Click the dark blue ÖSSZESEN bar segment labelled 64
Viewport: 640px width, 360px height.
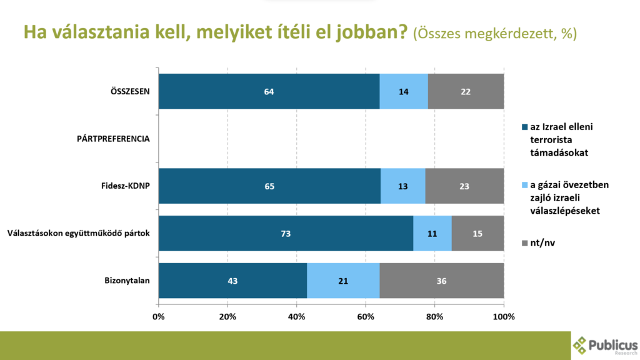[x=269, y=91]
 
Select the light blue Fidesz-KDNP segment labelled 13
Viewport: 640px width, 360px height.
[x=402, y=186]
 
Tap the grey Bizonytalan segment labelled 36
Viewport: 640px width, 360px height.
[x=441, y=281]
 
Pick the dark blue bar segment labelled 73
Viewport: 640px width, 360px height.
[x=286, y=234]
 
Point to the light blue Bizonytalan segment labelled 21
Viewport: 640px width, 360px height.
[x=343, y=281]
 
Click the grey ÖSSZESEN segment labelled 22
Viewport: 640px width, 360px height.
[x=466, y=91]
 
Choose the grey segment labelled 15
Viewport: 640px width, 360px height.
[x=477, y=234]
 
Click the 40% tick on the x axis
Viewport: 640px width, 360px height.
[x=297, y=317]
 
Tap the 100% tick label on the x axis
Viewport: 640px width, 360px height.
[x=504, y=317]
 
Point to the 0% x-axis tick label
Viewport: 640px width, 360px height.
[x=159, y=317]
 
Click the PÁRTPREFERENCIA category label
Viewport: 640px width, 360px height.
[x=109, y=139]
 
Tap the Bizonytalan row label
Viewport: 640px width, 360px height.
[x=127, y=281]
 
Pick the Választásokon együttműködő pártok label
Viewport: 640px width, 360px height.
[x=79, y=234]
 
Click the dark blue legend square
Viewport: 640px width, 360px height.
[x=524, y=127]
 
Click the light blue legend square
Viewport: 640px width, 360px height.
[x=524, y=186]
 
